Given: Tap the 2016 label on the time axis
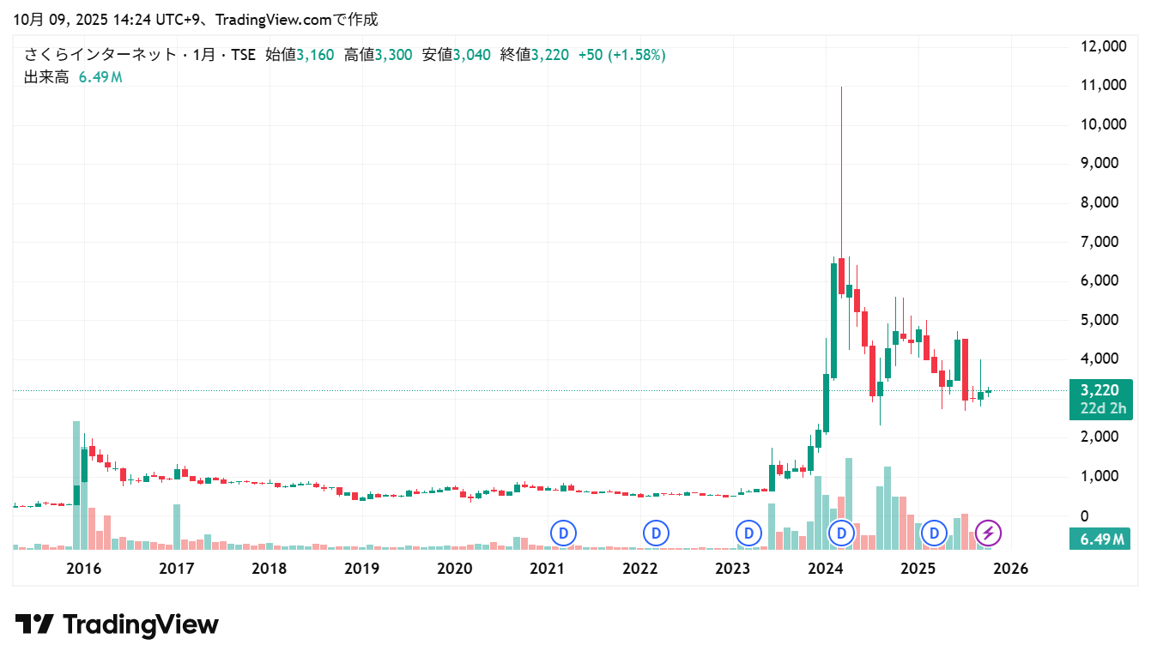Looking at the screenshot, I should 84,569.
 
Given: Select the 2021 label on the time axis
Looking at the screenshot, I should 547,569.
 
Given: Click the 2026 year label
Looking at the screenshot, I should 1011,569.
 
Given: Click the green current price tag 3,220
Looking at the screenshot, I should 1100,390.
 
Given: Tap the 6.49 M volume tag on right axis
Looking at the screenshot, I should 1100,539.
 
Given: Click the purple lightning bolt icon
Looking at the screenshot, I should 988,533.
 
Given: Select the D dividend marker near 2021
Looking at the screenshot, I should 564,533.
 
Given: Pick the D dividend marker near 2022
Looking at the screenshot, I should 657,533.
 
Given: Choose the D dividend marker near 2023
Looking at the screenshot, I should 749,533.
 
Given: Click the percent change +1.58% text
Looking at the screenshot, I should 636,55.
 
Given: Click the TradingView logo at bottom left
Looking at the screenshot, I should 117,624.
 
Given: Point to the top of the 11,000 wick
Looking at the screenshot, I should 841,87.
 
